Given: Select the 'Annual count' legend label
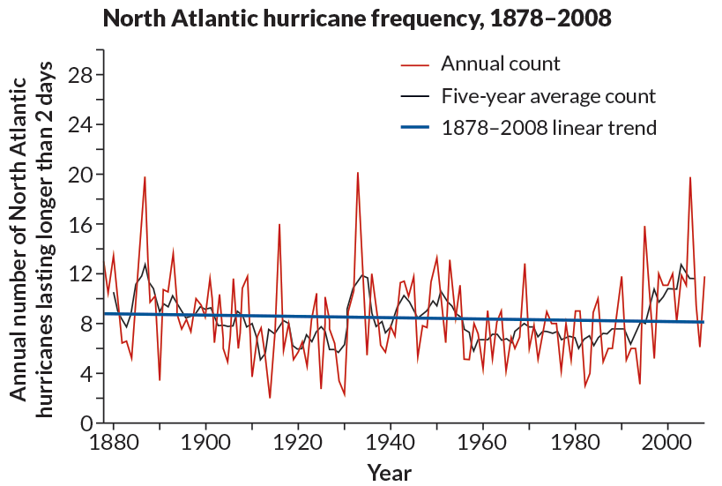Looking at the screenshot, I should [500, 64].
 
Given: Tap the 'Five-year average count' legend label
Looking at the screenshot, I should [547, 95].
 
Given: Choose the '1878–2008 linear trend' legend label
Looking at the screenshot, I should [548, 127].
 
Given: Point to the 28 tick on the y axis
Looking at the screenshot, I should [81, 76].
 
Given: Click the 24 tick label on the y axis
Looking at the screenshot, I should [81, 125].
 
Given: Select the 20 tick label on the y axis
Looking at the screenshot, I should [81, 175].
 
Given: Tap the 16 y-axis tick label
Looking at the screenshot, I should [82, 224].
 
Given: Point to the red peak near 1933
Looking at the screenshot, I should [357, 173].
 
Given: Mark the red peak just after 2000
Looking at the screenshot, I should [689, 178].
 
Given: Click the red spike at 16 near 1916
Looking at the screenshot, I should [279, 225].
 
